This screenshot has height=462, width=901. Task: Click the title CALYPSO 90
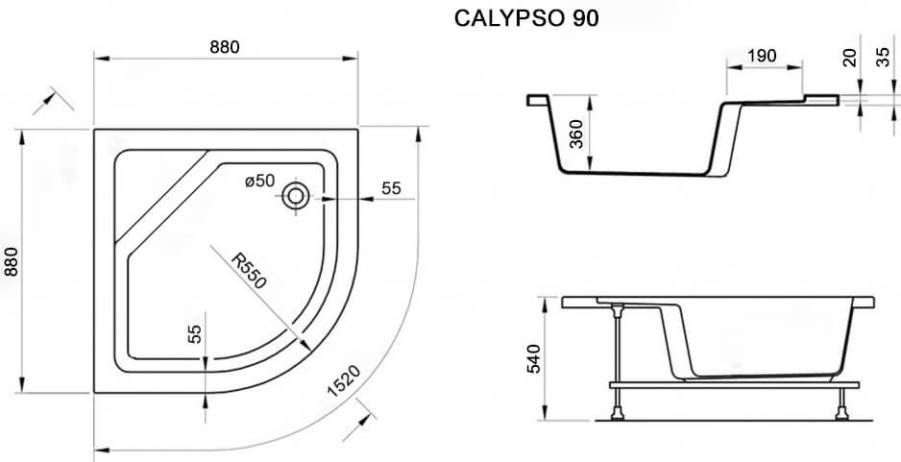(526, 18)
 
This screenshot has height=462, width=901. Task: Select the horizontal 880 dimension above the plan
(224, 47)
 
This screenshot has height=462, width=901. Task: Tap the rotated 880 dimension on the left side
(12, 261)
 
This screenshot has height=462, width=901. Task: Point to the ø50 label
(259, 181)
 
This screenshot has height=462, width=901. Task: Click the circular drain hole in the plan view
(296, 196)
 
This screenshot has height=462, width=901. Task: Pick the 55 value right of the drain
(391, 188)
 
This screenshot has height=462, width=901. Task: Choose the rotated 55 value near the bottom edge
(195, 334)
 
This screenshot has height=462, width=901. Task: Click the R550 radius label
(249, 271)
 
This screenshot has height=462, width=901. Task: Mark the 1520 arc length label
(344, 381)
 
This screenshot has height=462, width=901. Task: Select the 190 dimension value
(762, 56)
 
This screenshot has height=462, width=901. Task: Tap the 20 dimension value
(850, 57)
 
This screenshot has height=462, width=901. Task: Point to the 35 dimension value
(885, 57)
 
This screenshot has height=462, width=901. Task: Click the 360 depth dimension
(576, 134)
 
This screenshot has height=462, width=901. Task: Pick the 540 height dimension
(534, 358)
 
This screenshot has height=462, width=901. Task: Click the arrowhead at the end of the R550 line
(305, 344)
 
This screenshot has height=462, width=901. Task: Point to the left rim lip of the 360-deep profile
(538, 100)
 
